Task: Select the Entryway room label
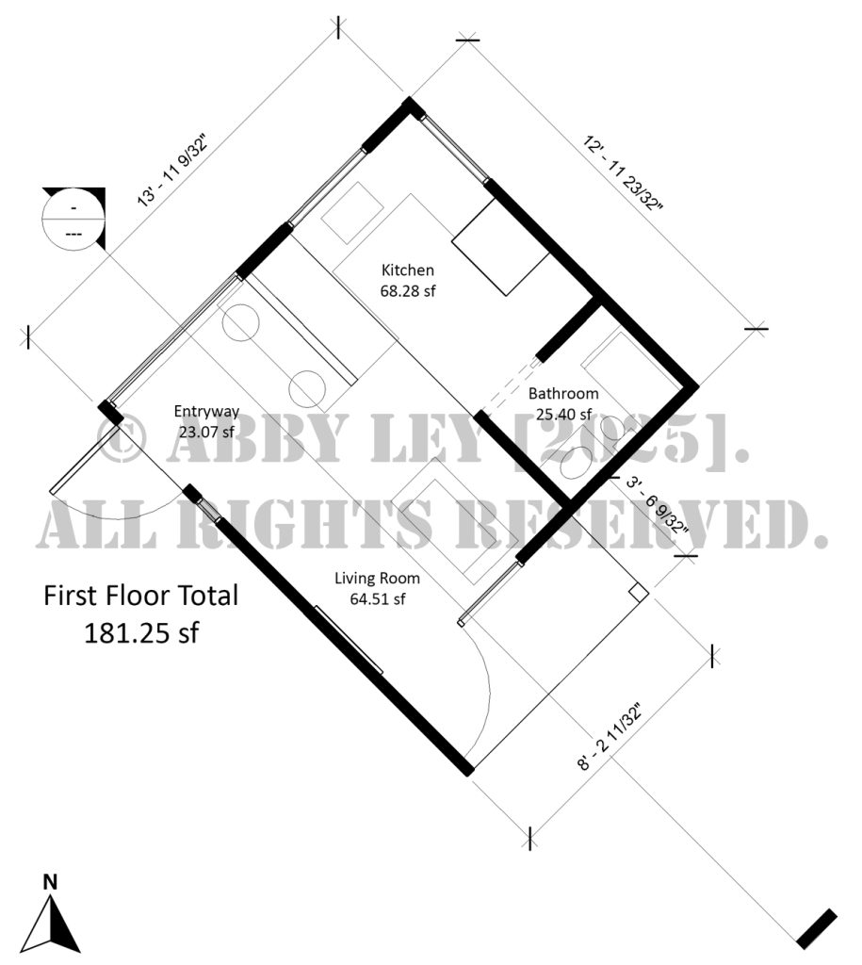tap(205, 411)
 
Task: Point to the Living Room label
tap(377, 578)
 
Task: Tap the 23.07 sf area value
tap(205, 432)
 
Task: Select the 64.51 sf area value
tap(377, 597)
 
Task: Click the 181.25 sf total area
tap(141, 632)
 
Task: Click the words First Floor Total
tap(141, 597)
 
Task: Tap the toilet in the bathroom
tap(575, 462)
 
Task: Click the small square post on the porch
tap(638, 592)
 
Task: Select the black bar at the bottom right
tap(816, 928)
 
